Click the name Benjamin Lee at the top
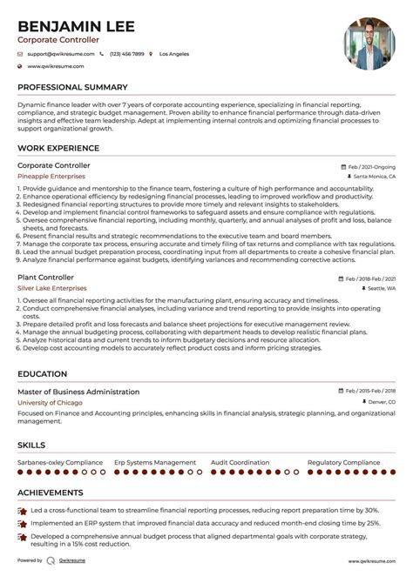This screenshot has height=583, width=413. pos(76,27)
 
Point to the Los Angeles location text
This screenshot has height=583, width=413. pos(173,54)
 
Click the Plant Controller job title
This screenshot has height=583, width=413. pos(45,277)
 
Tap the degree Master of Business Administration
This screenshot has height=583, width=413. pos(78,392)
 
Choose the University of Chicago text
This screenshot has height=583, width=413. pos(50,404)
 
